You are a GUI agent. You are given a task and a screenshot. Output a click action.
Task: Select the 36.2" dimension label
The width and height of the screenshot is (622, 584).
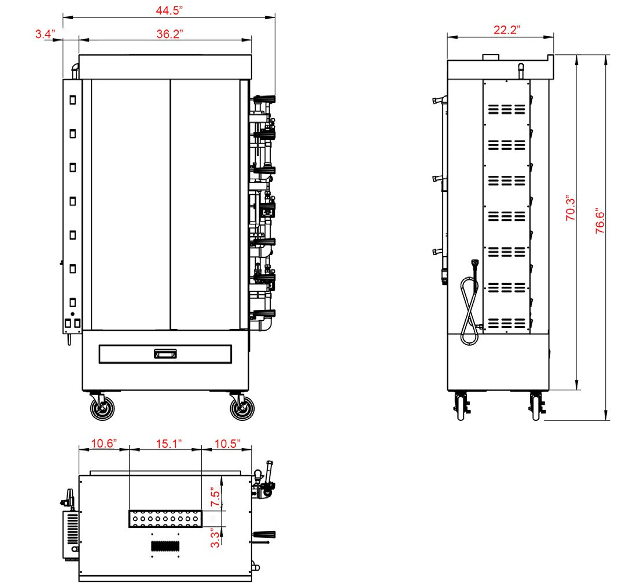tap(170, 34)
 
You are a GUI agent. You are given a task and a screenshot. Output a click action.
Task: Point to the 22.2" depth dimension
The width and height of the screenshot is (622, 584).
tap(507, 30)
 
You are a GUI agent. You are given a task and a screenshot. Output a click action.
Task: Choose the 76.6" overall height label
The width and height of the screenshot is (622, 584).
tap(599, 221)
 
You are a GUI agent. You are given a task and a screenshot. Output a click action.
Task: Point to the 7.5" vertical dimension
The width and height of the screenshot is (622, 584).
tap(215, 497)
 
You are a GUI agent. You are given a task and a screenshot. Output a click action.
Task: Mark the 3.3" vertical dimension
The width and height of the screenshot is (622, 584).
tap(215, 538)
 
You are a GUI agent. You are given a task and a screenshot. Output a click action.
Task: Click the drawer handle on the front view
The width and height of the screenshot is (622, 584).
tap(165, 354)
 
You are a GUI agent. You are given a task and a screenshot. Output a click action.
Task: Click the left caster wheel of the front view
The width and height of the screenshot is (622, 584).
tap(102, 408)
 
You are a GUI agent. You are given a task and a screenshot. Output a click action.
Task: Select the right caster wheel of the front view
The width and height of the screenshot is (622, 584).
tap(242, 408)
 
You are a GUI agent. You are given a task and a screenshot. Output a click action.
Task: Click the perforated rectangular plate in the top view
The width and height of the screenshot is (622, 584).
tap(165, 519)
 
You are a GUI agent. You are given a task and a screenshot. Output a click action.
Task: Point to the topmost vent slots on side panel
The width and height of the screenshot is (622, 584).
tap(506, 109)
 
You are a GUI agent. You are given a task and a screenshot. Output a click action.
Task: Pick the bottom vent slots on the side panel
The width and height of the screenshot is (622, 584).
tap(506, 323)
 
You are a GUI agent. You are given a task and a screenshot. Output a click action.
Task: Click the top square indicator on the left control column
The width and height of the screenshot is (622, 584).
tap(73, 100)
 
